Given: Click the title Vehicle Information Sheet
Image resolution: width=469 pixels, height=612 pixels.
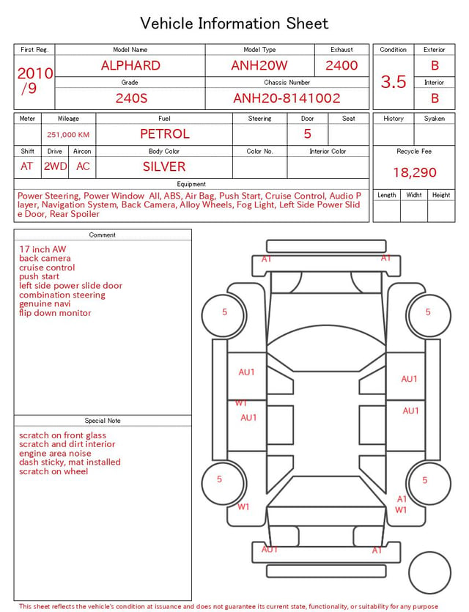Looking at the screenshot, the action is pyautogui.click(x=234, y=23).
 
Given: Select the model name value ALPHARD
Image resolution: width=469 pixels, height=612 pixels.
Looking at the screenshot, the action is pyautogui.click(x=130, y=65).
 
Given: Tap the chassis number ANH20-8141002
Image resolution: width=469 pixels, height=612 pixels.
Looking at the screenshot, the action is pyautogui.click(x=287, y=98).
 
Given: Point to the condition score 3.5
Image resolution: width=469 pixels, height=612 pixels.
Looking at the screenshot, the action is pyautogui.click(x=394, y=82).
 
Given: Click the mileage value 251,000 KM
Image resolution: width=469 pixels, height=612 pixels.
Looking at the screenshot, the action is pyautogui.click(x=68, y=135).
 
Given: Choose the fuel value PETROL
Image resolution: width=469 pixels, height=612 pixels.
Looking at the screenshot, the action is pyautogui.click(x=165, y=134).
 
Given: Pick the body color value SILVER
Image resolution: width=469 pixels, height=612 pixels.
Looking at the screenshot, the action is pyautogui.click(x=164, y=166).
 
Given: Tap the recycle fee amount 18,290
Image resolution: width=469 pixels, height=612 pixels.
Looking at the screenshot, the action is pyautogui.click(x=414, y=172).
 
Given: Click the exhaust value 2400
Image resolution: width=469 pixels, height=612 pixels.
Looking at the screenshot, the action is pyautogui.click(x=341, y=65).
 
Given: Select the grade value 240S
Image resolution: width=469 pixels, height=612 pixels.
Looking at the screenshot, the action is pyautogui.click(x=131, y=98).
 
